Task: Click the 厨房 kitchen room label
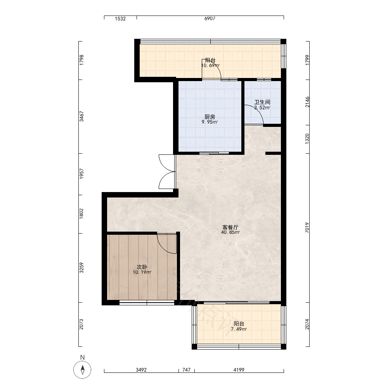click(x=210, y=117)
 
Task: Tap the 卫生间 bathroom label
click(x=262, y=102)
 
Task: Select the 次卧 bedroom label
click(x=142, y=267)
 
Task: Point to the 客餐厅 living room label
click(x=230, y=227)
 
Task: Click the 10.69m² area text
click(x=210, y=66)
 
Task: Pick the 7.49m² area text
click(x=239, y=329)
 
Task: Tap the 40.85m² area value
click(x=230, y=232)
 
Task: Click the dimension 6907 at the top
click(x=210, y=19)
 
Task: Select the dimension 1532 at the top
click(x=120, y=19)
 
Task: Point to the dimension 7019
click(x=307, y=228)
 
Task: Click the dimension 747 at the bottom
click(x=186, y=370)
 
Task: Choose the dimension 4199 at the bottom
click(x=239, y=370)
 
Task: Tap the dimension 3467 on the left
click(x=81, y=116)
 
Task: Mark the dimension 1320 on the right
click(x=307, y=139)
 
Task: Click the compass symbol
click(x=82, y=370)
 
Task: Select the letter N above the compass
click(x=82, y=357)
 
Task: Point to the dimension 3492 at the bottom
click(x=141, y=370)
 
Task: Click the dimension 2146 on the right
click(x=307, y=102)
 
